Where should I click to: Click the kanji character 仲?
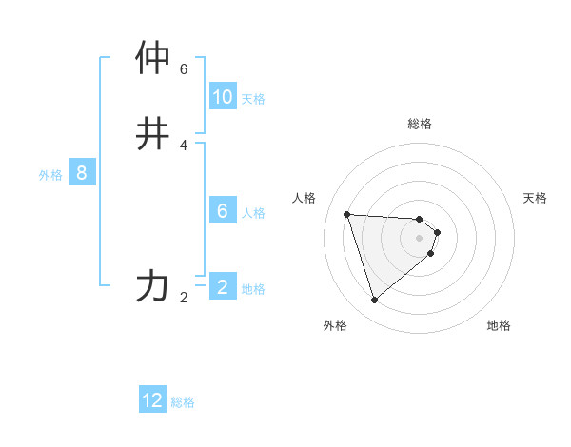[x=153, y=58]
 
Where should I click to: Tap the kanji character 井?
[x=153, y=133]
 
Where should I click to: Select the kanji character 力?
[x=153, y=285]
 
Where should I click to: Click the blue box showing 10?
[x=223, y=97]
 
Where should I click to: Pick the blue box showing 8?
[x=82, y=173]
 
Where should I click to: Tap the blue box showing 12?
[x=152, y=400]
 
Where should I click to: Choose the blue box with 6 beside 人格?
[x=223, y=211]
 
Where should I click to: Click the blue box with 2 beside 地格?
[x=223, y=288]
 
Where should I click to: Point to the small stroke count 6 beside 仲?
[x=184, y=68]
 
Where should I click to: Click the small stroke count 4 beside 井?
[x=184, y=146]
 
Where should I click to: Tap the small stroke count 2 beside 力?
[x=184, y=298]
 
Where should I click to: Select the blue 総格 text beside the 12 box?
[x=183, y=402]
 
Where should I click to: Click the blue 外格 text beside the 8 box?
[x=50, y=175]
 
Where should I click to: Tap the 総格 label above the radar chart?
[x=420, y=124]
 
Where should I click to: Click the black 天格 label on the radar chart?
[x=535, y=198]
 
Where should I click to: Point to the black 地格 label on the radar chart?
[x=499, y=325]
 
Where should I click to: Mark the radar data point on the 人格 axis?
[x=346, y=214]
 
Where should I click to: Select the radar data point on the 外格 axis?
[x=374, y=301]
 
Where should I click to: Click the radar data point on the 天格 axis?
[x=437, y=232]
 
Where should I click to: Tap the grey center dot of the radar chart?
[x=420, y=238]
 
